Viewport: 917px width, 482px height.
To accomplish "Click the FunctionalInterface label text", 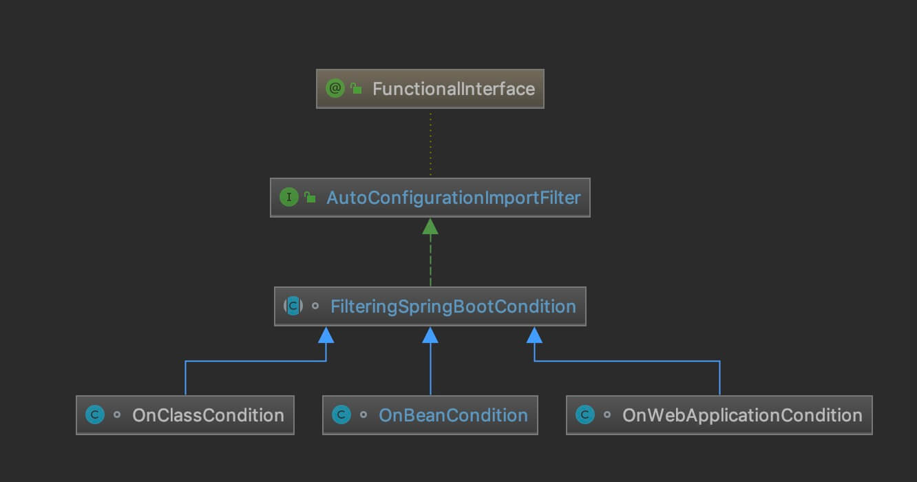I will tap(453, 89).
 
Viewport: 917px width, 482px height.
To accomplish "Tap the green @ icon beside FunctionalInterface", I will tap(335, 88).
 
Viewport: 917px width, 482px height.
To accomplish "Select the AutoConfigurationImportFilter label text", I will tap(453, 198).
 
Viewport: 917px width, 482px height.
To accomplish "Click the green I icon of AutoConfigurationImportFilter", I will tap(288, 198).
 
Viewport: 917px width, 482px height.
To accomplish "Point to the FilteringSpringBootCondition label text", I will tap(453, 306).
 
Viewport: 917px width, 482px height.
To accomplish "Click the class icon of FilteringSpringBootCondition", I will tap(293, 306).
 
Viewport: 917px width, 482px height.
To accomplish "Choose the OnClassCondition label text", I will tap(208, 415).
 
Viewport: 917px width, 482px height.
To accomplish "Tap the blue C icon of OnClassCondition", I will tap(94, 415).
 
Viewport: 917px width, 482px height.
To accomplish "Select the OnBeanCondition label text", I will tap(453, 415).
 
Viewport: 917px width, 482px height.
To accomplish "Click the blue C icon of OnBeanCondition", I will tap(341, 415).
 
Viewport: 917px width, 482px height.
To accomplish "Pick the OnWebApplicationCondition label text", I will tap(742, 415).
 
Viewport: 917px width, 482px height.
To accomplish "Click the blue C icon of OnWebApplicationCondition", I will tap(584, 415).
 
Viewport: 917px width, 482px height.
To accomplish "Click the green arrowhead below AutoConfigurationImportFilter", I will tap(430, 226).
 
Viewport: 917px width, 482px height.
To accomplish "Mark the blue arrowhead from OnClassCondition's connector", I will tap(326, 335).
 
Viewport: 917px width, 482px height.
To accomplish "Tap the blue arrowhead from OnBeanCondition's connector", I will tap(430, 335).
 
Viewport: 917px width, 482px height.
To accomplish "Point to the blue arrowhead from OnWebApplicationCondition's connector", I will tap(534, 335).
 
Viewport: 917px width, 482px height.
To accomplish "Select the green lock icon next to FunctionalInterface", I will tap(356, 88).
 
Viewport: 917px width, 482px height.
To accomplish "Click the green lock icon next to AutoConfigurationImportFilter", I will tap(310, 198).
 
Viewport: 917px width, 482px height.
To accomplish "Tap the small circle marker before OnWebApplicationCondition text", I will tap(607, 415).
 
